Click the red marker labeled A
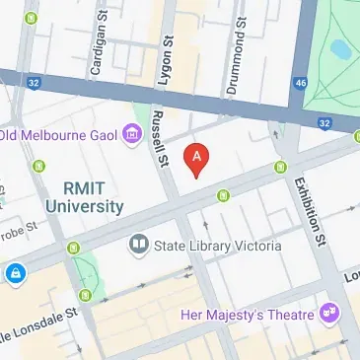tap(198, 159)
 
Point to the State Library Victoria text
tap(218, 246)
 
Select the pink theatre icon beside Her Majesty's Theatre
tap(329, 314)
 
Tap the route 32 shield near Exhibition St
tap(325, 123)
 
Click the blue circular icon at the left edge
tap(16, 272)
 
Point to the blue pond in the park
tap(341, 47)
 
